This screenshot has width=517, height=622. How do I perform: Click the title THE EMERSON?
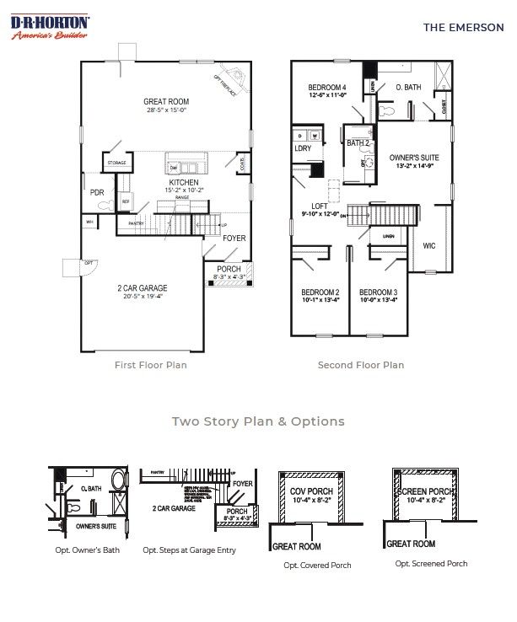pos(463,27)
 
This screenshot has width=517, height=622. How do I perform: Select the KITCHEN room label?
pos(184,182)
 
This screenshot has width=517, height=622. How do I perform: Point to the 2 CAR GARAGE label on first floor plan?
pos(142,287)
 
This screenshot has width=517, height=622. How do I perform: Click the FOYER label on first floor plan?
pos(234,238)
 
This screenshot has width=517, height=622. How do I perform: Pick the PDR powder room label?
pos(96,192)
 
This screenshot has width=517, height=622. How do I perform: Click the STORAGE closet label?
pos(116,163)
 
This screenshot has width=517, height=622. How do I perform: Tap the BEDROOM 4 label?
pos(327,88)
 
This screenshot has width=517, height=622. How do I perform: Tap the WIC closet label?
pos(429,245)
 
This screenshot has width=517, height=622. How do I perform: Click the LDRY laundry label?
pos(302,148)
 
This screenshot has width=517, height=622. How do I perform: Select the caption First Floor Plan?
pos(151,365)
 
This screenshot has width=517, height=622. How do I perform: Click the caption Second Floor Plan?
pos(360,365)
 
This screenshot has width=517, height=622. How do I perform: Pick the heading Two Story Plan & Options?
pos(258,421)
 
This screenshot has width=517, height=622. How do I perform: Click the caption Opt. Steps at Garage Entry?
pos(189,550)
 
